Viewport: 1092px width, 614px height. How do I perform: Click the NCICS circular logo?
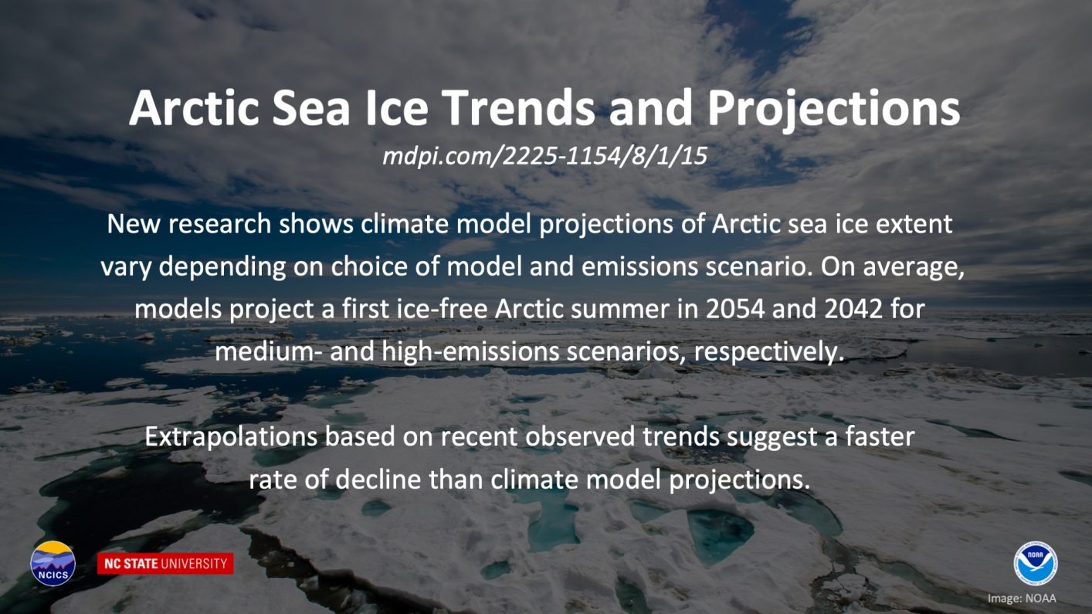pos(53,563)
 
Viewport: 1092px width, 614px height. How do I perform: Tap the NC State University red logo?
pos(165,563)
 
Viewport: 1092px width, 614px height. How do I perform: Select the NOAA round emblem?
pos(1036,564)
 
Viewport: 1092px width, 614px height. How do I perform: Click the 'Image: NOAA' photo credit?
pos(1022,599)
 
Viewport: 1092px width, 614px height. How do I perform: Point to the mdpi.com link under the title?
pos(544,156)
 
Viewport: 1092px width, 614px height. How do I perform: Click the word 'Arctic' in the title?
pos(194,108)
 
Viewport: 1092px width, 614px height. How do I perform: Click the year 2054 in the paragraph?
pos(735,309)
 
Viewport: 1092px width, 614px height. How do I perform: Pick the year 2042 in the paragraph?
pos(853,309)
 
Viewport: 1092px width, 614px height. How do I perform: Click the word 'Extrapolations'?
pos(231,437)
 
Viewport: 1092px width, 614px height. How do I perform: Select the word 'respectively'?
pos(768,352)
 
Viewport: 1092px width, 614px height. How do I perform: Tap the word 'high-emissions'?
pos(470,352)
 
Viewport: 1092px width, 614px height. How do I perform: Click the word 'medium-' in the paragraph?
pos(269,351)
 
